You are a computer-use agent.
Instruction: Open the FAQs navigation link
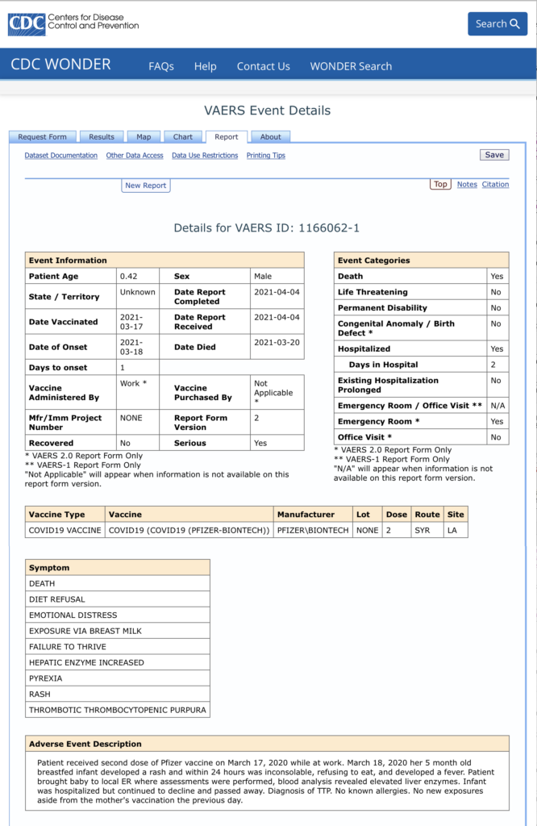point(161,66)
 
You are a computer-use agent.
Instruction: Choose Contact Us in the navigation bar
point(263,66)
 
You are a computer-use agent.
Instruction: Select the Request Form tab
point(43,137)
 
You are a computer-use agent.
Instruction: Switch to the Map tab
point(144,137)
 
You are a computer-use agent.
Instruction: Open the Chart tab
point(183,137)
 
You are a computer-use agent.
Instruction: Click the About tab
point(271,137)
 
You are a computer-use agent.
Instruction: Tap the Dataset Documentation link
point(61,156)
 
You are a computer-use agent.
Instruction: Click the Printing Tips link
point(266,156)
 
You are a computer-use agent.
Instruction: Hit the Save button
point(494,155)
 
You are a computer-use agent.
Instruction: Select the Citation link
point(495,185)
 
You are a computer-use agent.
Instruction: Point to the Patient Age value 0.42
point(129,276)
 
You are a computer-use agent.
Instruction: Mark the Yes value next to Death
point(496,276)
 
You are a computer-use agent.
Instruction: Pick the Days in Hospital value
point(496,365)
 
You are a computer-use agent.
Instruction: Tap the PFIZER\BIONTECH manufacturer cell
point(313,530)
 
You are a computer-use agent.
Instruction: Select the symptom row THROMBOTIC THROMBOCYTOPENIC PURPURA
point(118,711)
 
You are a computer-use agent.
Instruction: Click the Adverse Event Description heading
point(85,744)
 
